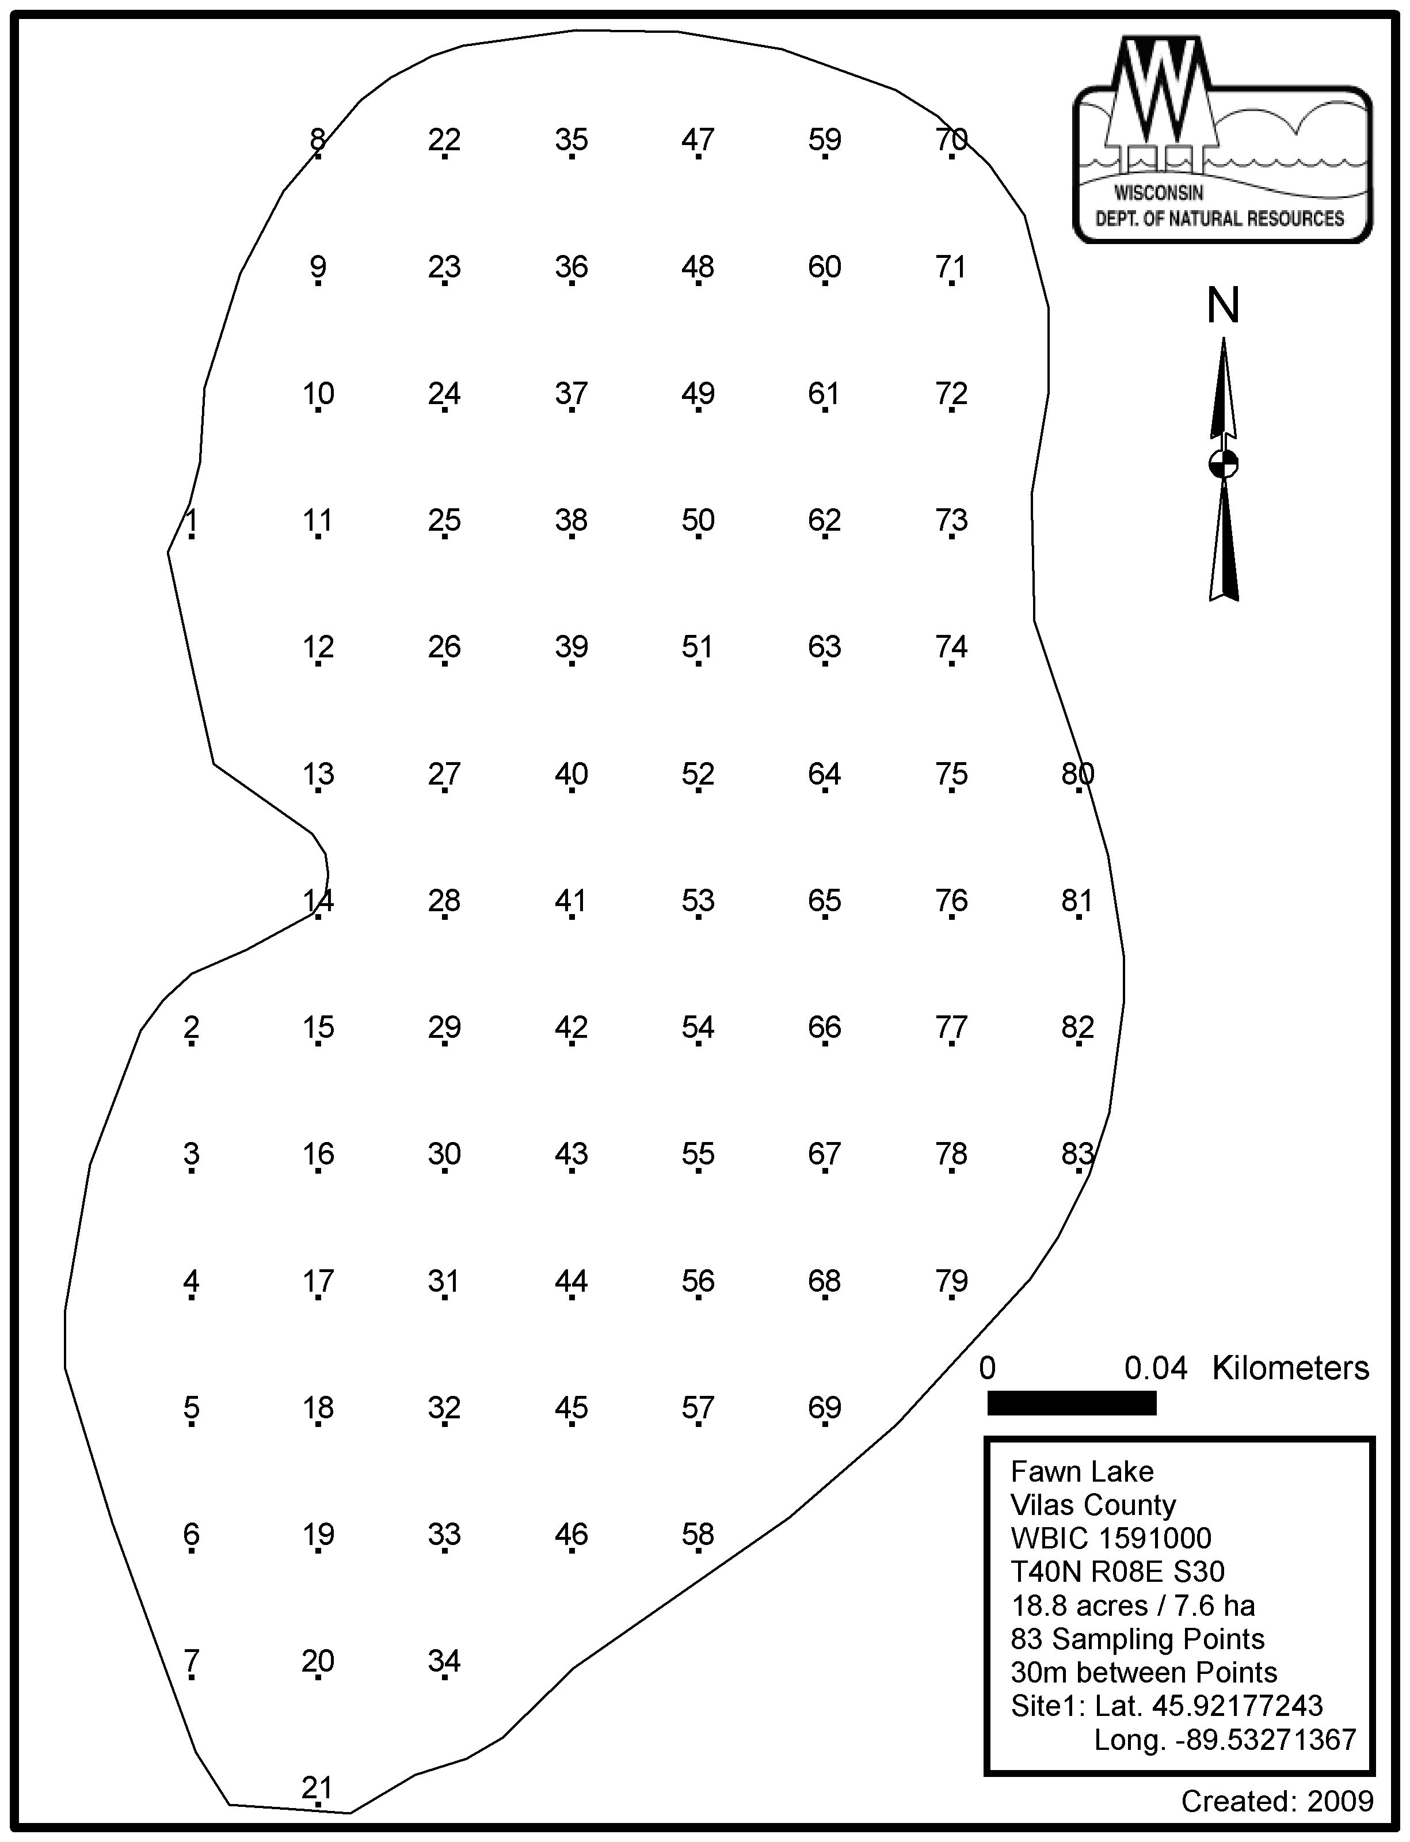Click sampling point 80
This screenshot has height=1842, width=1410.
pyautogui.click(x=1077, y=774)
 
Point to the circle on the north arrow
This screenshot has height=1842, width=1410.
pyautogui.click(x=1223, y=463)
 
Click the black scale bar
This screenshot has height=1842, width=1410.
pyautogui.click(x=1072, y=1403)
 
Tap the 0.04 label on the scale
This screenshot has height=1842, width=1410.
pyautogui.click(x=1156, y=1368)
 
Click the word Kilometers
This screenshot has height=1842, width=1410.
pyautogui.click(x=1290, y=1368)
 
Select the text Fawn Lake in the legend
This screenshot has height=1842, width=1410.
pyautogui.click(x=1082, y=1472)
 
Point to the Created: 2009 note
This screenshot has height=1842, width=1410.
pyautogui.click(x=1278, y=1801)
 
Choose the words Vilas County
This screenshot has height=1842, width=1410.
pyautogui.click(x=1093, y=1505)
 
